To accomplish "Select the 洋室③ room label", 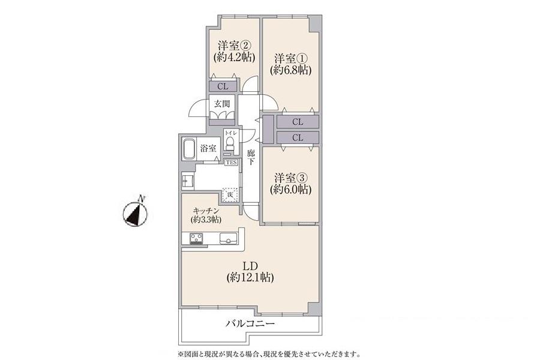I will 291,178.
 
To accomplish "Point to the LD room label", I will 250,265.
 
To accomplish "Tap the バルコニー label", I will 250,323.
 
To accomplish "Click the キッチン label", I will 205,211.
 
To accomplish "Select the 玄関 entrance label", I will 222,103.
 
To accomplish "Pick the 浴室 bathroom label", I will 208,148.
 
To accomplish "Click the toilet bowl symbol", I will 230,143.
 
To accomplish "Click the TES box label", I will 231,162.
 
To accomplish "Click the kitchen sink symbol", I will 228,238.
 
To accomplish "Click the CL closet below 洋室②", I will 223,86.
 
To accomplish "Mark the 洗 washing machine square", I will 230,195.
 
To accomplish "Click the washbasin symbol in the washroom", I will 187,181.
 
